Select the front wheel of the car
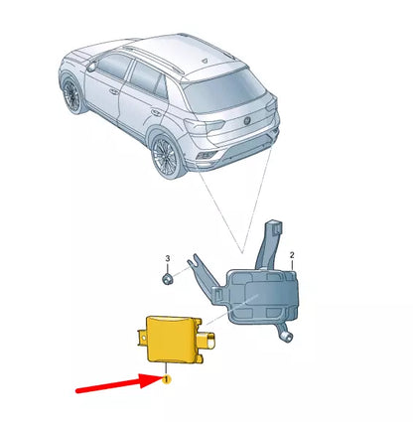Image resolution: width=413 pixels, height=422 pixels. (71, 96)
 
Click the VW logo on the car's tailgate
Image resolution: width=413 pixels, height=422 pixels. (249, 123)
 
